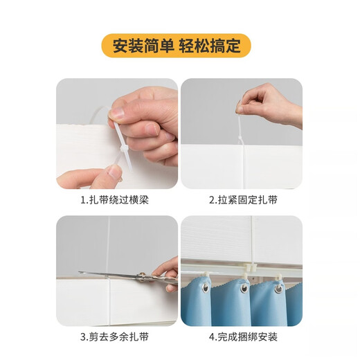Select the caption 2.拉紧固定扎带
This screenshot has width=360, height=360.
pyautogui.click(x=243, y=200)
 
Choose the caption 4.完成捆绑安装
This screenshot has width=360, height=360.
pyautogui.click(x=243, y=338)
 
